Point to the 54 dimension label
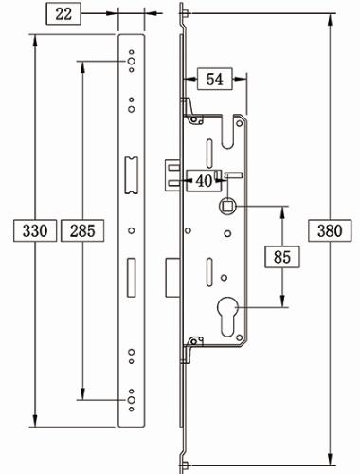pyautogui.click(x=213, y=81)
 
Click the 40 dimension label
pyautogui.click(x=203, y=180)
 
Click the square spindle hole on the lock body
pyautogui.click(x=228, y=206)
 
